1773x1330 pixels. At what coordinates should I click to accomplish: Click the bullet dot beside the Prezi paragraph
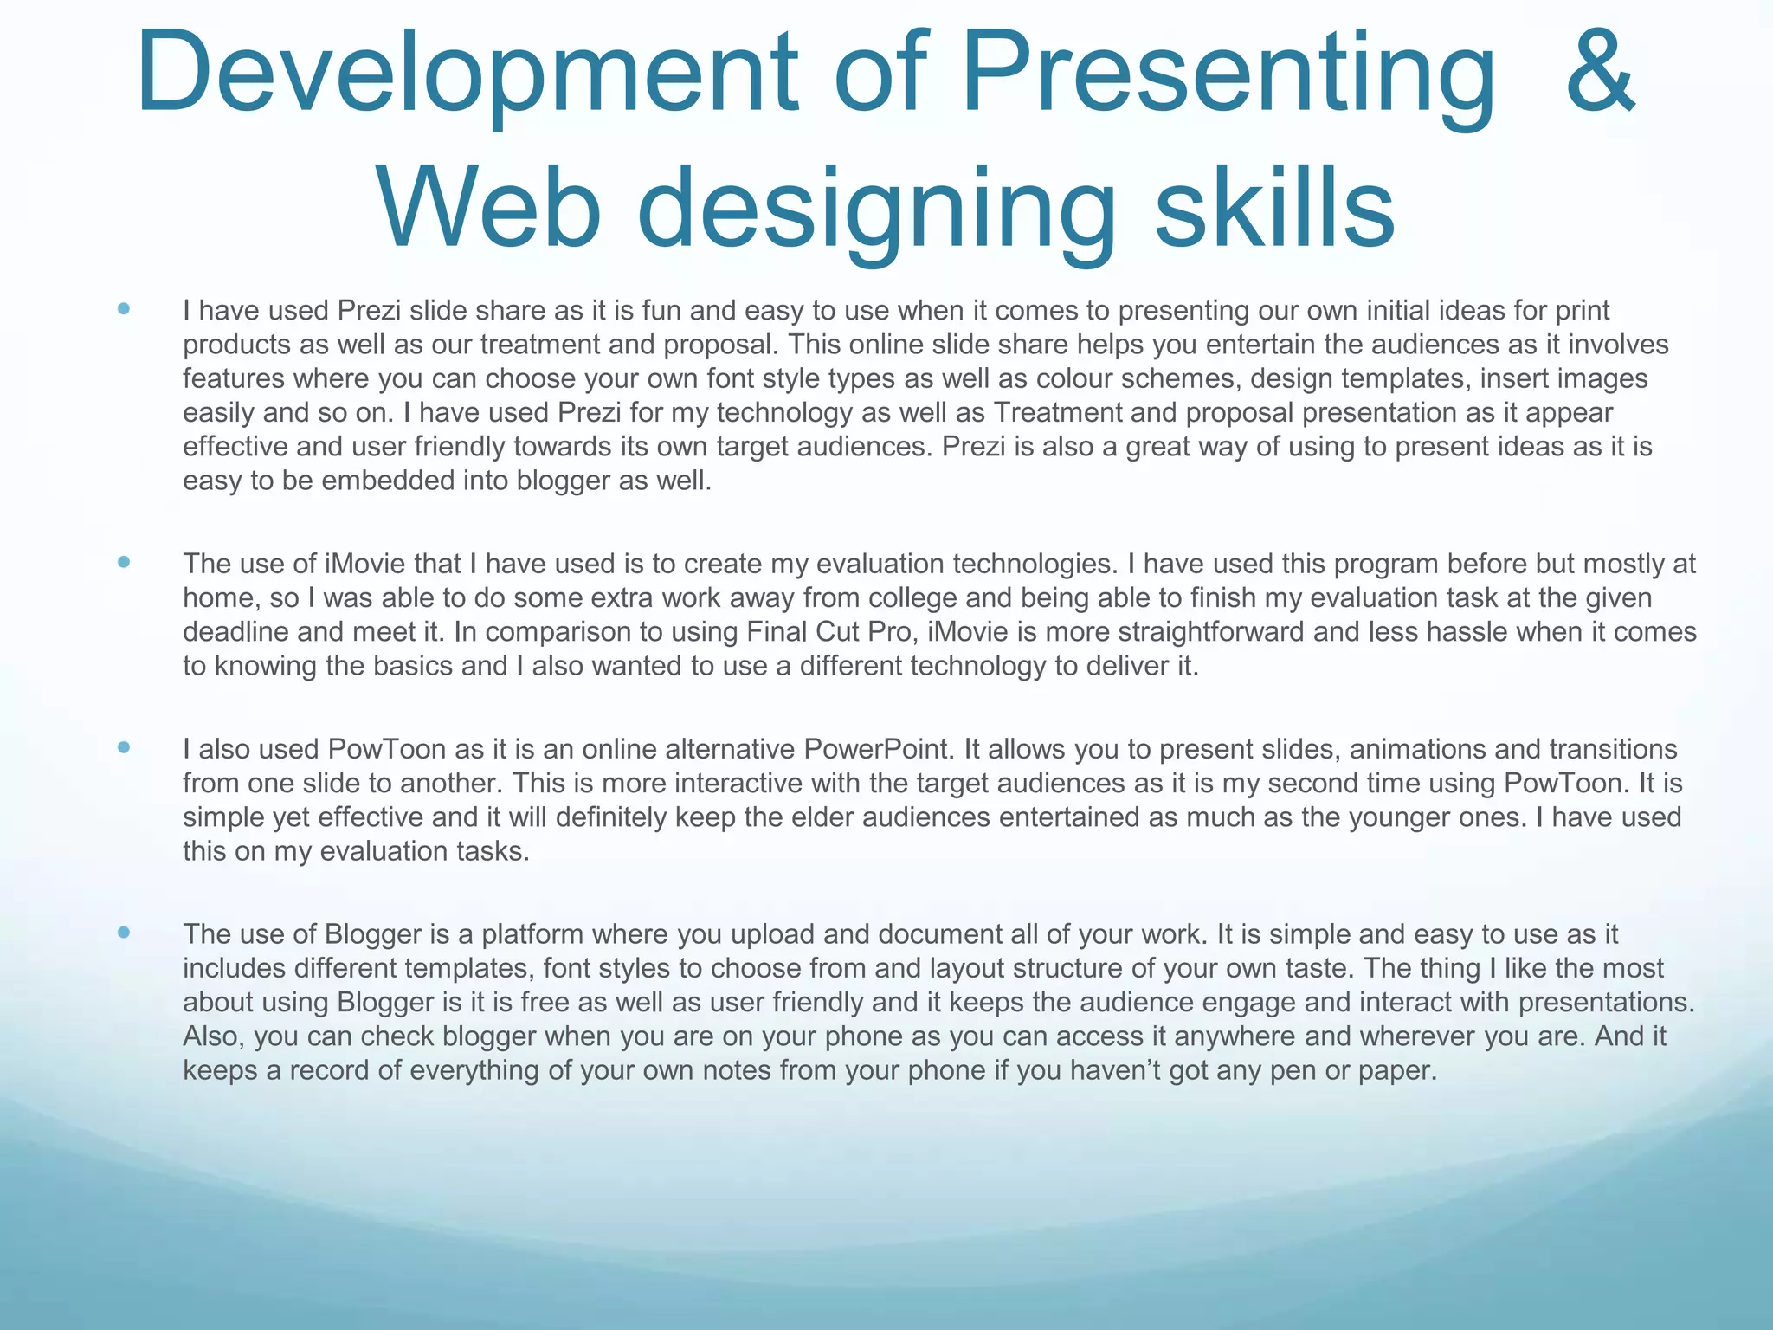(x=124, y=309)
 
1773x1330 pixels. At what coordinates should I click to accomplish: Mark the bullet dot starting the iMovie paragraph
(x=124, y=563)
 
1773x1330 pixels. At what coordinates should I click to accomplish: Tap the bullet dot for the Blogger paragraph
(x=124, y=933)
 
